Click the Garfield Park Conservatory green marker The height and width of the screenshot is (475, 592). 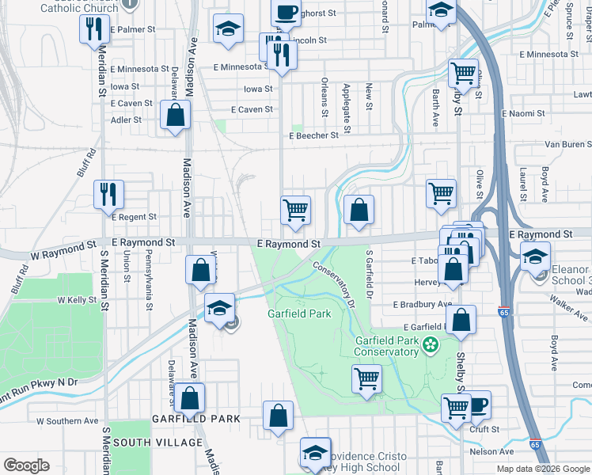pos(430,344)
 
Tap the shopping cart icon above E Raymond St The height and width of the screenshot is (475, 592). pos(295,211)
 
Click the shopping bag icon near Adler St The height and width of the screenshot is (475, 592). pos(174,116)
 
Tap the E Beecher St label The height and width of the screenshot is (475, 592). pos(313,135)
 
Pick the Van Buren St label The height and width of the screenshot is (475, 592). pos(567,145)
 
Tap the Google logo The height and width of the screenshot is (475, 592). pos(26,465)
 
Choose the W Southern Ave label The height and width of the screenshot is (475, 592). pos(67,421)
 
